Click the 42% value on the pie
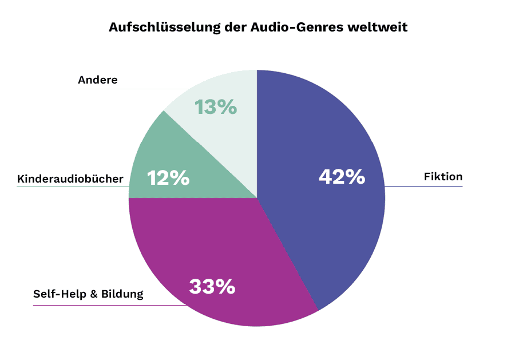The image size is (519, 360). pos(342,177)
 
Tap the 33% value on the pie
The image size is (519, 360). pos(212,286)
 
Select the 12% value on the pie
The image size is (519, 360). pos(168,178)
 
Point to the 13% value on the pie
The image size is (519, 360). pos(216,107)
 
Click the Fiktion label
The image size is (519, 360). pos(443,177)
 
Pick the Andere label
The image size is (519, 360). pos(98,80)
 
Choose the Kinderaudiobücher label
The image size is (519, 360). pos(70,179)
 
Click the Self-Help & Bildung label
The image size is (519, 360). pos(88,295)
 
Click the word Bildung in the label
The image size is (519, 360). pos(122,295)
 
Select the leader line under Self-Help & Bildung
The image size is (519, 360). pos(109,305)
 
